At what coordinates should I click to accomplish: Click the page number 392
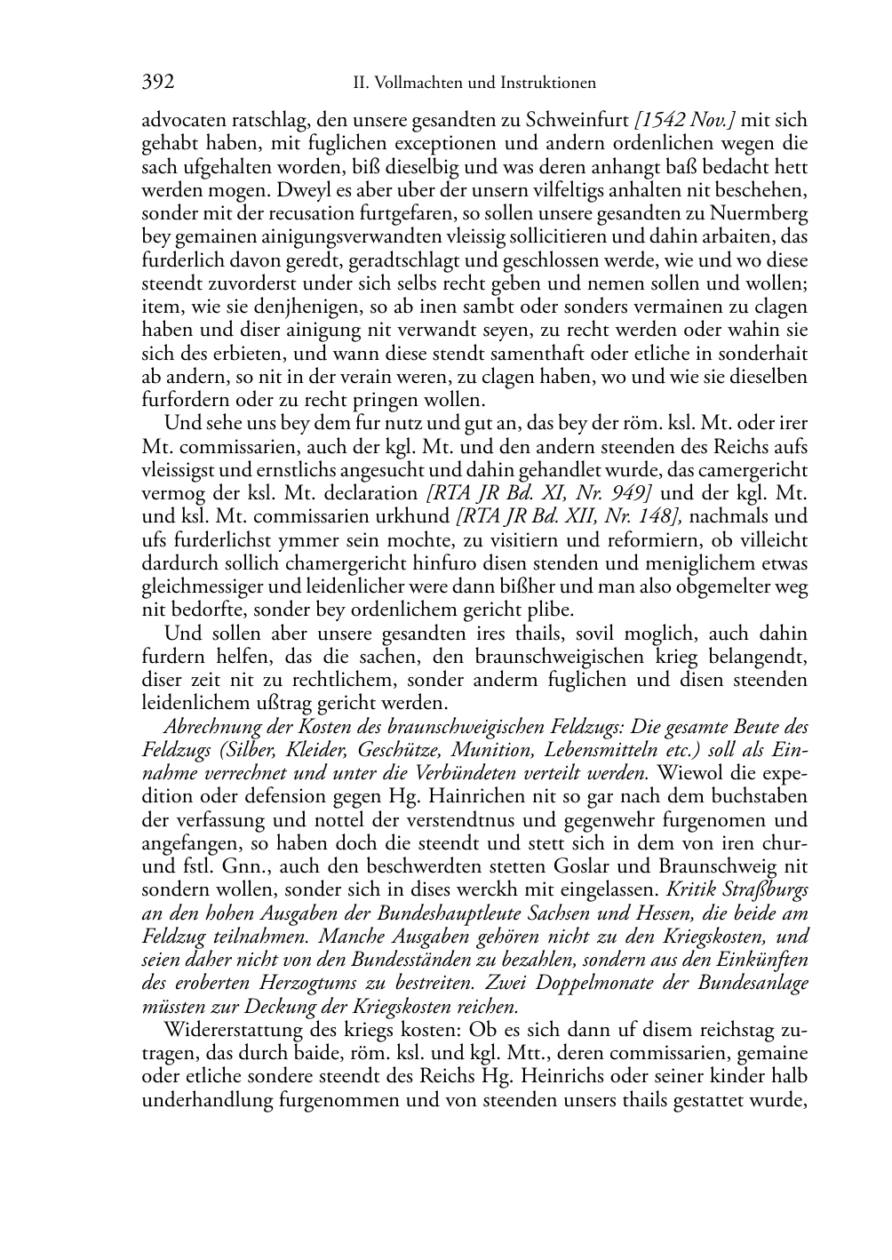click(x=158, y=83)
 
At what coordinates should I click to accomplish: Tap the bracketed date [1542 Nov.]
click(x=685, y=120)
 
